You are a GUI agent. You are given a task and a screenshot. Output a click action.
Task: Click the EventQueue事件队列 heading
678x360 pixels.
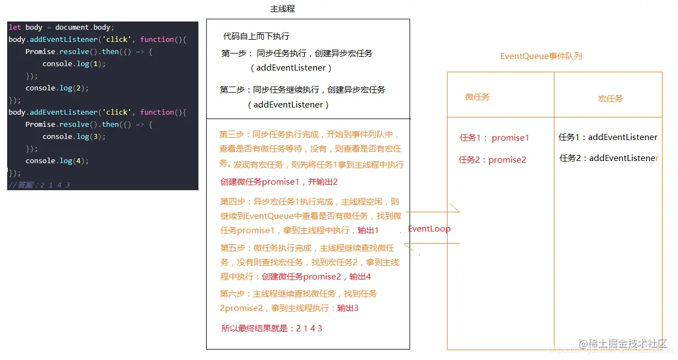coord(541,56)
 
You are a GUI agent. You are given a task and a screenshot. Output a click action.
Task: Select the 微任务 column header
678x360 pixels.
coord(477,97)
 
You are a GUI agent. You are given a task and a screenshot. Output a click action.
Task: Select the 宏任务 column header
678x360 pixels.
coord(610,99)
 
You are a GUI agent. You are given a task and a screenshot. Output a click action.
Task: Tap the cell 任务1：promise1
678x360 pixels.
coord(494,138)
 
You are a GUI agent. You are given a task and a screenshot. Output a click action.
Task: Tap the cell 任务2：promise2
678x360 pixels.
coord(492,160)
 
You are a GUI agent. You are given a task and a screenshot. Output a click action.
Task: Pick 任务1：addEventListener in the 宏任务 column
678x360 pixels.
coord(608,137)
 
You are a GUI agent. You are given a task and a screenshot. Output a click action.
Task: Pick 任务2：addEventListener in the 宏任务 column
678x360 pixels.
coord(609,158)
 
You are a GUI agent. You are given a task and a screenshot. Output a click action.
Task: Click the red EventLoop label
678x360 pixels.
coord(429,229)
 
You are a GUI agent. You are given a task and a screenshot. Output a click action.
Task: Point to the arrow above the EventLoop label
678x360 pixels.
coord(433,211)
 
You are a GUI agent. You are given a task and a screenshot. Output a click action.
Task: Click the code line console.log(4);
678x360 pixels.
coord(57,161)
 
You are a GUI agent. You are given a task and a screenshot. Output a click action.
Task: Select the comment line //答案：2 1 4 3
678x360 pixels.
coord(39,185)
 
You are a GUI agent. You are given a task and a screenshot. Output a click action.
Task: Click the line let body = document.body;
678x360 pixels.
coord(61,28)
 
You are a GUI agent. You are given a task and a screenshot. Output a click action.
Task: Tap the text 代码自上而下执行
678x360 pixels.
coord(256,36)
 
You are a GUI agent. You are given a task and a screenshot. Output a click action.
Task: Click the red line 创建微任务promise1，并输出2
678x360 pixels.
coord(279,182)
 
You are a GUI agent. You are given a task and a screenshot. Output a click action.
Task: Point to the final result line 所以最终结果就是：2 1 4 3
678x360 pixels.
coord(272,329)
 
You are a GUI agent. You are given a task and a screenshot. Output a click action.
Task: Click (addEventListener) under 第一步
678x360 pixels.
coord(291,68)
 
